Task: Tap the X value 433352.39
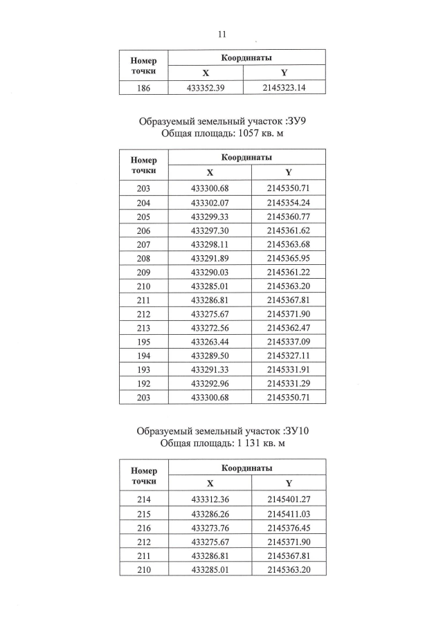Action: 210,88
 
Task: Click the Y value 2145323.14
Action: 289,88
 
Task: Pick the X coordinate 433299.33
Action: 210,217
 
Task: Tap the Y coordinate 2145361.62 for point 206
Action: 289,230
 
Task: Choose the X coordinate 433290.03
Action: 210,272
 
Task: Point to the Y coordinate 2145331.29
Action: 289,383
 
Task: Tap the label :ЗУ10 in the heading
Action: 291,431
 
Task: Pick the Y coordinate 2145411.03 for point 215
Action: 289,513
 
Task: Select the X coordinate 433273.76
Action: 210,526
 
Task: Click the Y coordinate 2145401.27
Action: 289,499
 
